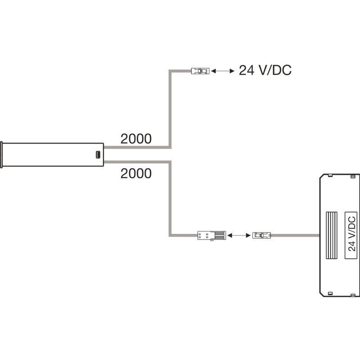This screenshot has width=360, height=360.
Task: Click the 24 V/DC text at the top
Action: pyautogui.click(x=265, y=71)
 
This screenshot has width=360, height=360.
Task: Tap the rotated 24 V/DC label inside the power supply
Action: pyautogui.click(x=351, y=234)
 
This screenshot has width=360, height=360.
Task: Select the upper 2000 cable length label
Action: pyautogui.click(x=136, y=139)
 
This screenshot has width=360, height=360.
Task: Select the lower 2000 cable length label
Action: pyautogui.click(x=136, y=173)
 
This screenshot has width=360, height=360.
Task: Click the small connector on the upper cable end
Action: pyautogui.click(x=200, y=71)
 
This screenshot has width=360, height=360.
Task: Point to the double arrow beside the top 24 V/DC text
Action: pyautogui.click(x=222, y=71)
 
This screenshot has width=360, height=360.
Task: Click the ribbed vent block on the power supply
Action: pyautogui.click(x=332, y=234)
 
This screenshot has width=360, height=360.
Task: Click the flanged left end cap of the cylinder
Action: pyautogui.click(x=3, y=154)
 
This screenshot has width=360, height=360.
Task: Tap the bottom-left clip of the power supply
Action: pyautogui.click(x=329, y=293)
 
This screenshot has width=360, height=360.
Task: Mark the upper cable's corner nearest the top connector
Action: pyautogui.click(x=170, y=72)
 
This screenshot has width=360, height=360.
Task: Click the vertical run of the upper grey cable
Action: pyautogui.click(x=170, y=108)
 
